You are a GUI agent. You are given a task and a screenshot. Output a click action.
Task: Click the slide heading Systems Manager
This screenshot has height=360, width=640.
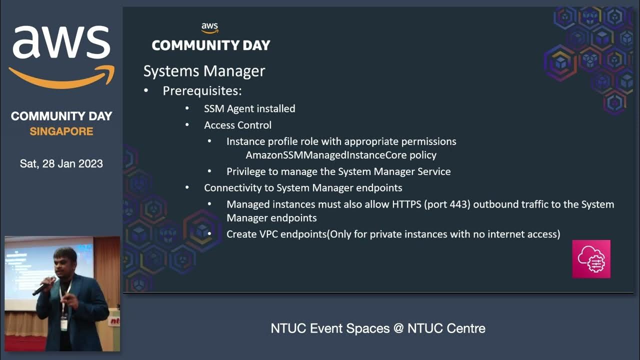click(x=204, y=71)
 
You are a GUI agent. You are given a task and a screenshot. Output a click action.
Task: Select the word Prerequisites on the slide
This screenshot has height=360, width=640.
click(x=202, y=91)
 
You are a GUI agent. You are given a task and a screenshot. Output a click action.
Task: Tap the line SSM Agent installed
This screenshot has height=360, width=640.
click(x=249, y=108)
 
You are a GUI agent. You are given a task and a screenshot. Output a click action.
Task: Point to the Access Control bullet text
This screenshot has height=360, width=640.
click(x=237, y=125)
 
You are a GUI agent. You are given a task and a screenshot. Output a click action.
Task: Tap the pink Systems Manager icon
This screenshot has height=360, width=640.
click(x=591, y=258)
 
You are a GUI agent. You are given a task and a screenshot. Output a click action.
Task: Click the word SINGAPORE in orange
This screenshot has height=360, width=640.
click(x=61, y=131)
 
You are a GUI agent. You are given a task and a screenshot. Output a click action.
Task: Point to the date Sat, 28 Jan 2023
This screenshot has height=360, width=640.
click(x=61, y=163)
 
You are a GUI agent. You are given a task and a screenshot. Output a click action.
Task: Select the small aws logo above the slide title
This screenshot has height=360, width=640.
click(x=210, y=28)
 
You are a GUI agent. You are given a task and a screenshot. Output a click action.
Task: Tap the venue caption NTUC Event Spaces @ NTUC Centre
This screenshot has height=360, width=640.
click(x=377, y=328)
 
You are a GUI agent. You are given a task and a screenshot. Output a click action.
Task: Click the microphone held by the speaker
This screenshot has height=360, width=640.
click(x=42, y=287)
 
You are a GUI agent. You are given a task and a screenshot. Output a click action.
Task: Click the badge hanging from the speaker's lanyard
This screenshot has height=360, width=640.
click(x=64, y=324)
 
